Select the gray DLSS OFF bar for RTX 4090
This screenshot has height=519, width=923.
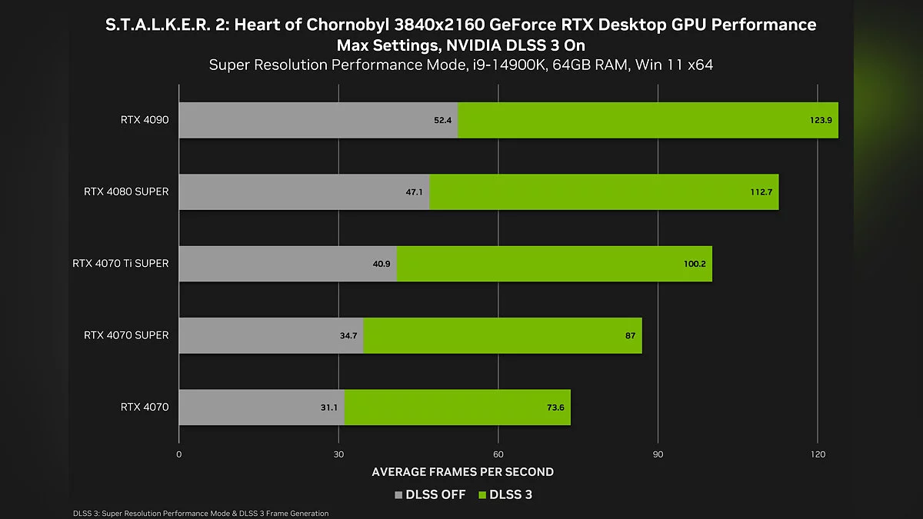[308, 120]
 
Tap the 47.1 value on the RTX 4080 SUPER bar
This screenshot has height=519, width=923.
[415, 191]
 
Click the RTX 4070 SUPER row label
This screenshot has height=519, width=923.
[126, 335]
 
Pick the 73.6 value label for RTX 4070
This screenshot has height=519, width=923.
[555, 408]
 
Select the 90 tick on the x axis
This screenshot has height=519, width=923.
[658, 454]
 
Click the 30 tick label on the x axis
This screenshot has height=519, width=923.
[338, 454]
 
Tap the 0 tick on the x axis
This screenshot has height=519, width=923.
[179, 454]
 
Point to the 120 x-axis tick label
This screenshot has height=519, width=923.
[818, 454]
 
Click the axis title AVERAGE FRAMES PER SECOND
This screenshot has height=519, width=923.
[462, 471]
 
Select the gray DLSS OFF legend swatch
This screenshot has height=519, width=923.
[398, 495]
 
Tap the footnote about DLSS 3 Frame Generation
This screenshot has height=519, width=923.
[200, 513]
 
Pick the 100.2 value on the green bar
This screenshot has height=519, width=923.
[694, 264]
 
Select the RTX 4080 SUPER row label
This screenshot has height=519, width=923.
[126, 191]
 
